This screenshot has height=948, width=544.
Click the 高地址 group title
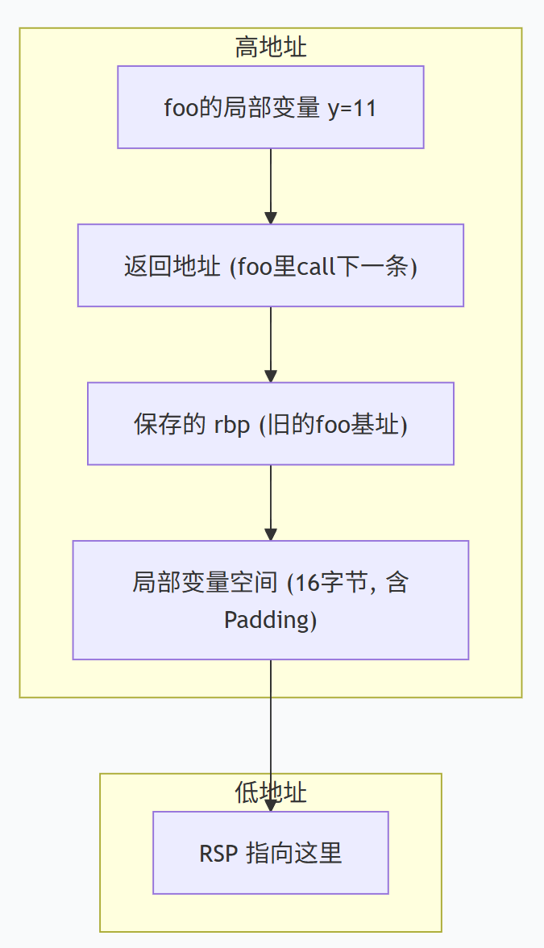pos(271,47)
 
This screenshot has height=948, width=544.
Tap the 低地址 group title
pos(271,792)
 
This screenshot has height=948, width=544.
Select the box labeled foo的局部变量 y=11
pos(271,107)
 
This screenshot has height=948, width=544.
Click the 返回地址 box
pos(271,265)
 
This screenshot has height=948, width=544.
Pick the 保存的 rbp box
pos(271,424)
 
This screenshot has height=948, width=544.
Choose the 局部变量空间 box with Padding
pos(271,601)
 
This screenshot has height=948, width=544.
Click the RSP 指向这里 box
pos(271,853)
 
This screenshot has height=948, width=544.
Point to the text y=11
pos(352,109)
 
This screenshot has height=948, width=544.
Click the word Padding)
pos(271,621)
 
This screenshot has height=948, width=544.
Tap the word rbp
pos(231,425)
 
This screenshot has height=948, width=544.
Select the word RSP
pos(218,854)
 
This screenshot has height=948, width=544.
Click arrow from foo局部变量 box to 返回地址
pos(271,186)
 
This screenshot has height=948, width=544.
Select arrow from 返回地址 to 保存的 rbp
pos(271,345)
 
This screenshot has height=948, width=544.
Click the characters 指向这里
pos(294,854)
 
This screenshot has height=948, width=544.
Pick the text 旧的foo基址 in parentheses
pos(333,424)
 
